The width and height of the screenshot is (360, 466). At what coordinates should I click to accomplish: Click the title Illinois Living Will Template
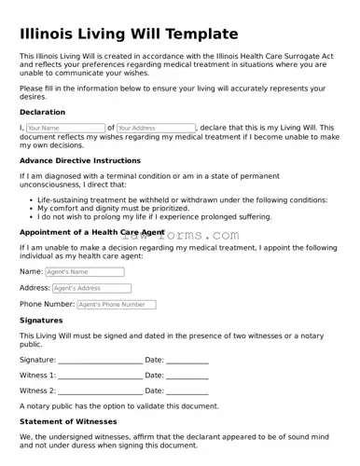pyautogui.click(x=129, y=34)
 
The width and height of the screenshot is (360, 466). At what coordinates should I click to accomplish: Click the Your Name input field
pyautogui.click(x=65, y=128)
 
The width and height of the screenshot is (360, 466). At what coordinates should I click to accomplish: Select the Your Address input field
pyautogui.click(x=156, y=128)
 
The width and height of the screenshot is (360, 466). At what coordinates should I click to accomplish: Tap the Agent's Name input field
pyautogui.click(x=84, y=272)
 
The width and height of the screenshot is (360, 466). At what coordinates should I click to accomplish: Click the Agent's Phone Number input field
pyautogui.click(x=116, y=304)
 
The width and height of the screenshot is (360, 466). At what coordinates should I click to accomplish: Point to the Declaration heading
pyautogui.click(x=42, y=112)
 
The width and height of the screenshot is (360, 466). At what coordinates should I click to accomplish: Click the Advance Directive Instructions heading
pyautogui.click(x=80, y=160)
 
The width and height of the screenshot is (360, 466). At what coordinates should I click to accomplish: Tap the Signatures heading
pyautogui.click(x=41, y=320)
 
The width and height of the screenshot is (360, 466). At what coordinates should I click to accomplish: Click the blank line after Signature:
pyautogui.click(x=100, y=361)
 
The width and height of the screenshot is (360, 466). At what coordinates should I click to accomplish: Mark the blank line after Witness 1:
pyautogui.click(x=100, y=376)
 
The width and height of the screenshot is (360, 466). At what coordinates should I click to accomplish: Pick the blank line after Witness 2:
pyautogui.click(x=100, y=391)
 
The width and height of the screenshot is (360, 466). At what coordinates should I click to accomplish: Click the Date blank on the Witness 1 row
pyautogui.click(x=187, y=376)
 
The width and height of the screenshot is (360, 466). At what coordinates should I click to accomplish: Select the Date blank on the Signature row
pyautogui.click(x=187, y=361)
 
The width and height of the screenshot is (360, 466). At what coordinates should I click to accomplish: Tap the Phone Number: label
pyautogui.click(x=47, y=304)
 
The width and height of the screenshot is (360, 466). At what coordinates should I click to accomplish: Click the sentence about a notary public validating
pyautogui.click(x=118, y=406)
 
